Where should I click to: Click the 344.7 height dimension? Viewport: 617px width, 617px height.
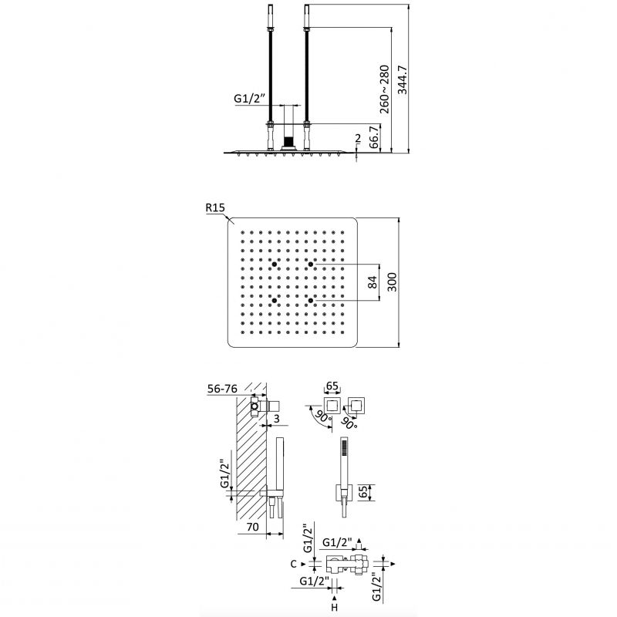(402, 80)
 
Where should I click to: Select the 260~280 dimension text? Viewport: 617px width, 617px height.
(384, 89)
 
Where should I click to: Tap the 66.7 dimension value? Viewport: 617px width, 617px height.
(374, 137)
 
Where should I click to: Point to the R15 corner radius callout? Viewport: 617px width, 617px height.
(215, 207)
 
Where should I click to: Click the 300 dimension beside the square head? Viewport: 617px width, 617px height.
(392, 282)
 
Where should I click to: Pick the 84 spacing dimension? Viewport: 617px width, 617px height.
(372, 282)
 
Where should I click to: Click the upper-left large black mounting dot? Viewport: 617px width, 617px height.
(275, 264)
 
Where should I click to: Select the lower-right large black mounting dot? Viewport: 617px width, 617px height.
(311, 301)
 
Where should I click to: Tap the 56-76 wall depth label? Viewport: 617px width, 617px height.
(222, 389)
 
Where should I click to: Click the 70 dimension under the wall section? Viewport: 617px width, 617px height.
(252, 527)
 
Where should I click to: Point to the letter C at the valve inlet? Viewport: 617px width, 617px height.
(293, 564)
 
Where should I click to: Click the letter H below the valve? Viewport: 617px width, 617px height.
(334, 608)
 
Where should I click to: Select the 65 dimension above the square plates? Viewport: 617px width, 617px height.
(332, 386)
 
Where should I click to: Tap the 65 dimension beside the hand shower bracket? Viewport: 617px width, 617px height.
(363, 492)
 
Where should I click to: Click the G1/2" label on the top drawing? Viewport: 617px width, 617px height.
(249, 99)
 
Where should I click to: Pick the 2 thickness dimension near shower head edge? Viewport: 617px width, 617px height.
(358, 138)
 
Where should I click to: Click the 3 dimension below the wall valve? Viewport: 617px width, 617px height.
(277, 419)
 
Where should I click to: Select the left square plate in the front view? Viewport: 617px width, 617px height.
(332, 406)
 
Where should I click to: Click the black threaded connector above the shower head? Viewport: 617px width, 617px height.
(289, 141)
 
